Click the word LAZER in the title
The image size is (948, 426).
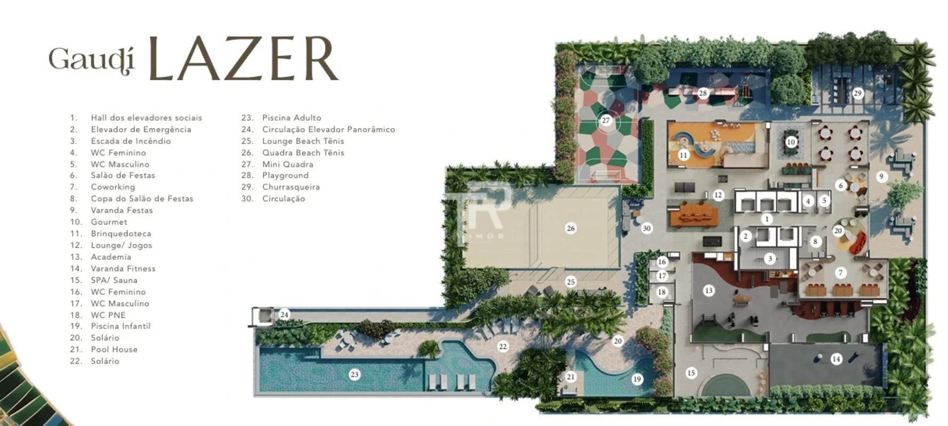(243, 59)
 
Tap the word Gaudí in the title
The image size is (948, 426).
(91, 60)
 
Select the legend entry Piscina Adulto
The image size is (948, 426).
(292, 118)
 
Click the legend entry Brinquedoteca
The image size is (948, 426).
(121, 234)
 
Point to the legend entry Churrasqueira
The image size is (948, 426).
(291, 187)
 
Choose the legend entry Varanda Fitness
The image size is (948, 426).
(123, 268)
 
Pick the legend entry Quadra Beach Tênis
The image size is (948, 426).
(303, 152)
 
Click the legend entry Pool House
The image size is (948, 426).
(114, 349)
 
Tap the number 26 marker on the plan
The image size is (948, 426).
(571, 228)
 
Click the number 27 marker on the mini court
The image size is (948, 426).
(606, 120)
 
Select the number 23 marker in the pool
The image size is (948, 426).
(355, 375)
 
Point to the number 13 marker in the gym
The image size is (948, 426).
(709, 291)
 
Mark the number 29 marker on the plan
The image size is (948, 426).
(857, 93)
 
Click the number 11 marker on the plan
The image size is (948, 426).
(684, 155)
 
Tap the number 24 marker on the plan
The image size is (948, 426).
(284, 315)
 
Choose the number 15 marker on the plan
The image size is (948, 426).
(691, 373)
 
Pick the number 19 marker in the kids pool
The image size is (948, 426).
(637, 379)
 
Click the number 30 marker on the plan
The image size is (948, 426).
(647, 228)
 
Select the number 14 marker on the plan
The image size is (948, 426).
(836, 359)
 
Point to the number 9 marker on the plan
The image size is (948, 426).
(881, 176)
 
